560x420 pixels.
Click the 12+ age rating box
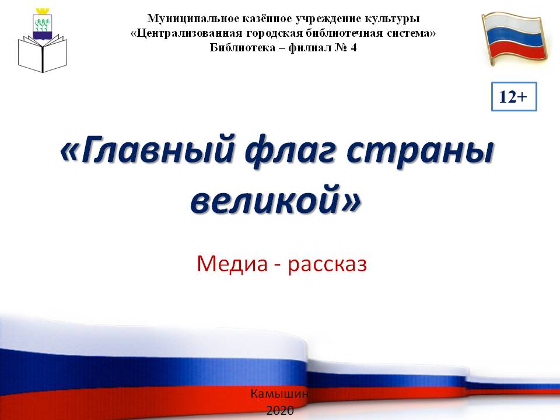(x=514, y=96)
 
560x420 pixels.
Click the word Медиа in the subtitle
(x=232, y=264)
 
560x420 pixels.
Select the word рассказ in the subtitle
(x=327, y=265)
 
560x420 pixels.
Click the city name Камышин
(x=279, y=394)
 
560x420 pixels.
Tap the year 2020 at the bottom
(x=280, y=411)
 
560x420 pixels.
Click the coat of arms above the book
(x=43, y=23)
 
